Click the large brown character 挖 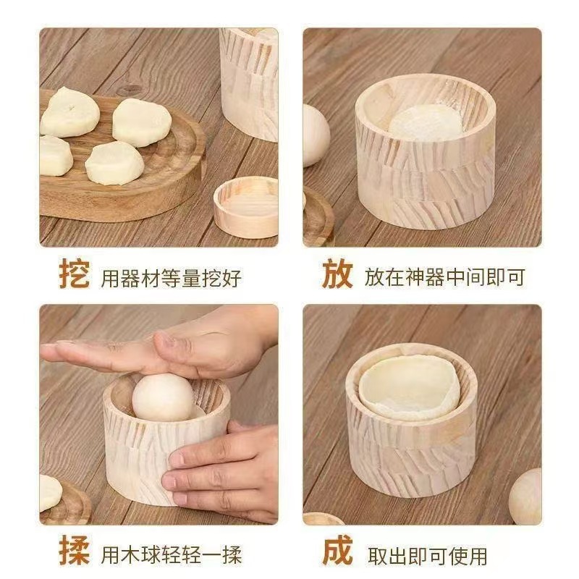tap(75, 274)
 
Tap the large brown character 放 tap(337, 274)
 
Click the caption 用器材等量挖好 tap(172, 278)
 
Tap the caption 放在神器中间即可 tap(445, 277)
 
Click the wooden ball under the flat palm tap(163, 397)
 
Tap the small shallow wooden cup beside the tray tap(246, 207)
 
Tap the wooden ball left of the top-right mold tap(316, 135)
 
